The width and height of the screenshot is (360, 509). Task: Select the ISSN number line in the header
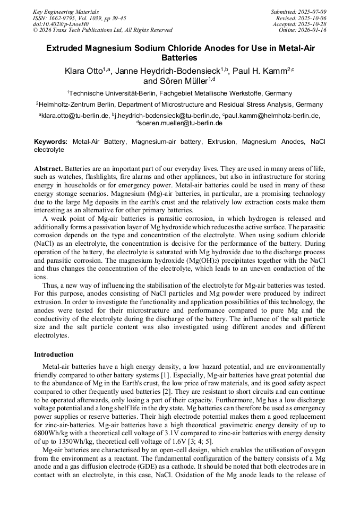click(x=79, y=18)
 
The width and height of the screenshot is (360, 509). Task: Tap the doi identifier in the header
click(x=61, y=24)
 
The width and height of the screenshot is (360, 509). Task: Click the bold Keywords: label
click(x=51, y=142)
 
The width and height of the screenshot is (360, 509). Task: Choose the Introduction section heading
click(x=54, y=354)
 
